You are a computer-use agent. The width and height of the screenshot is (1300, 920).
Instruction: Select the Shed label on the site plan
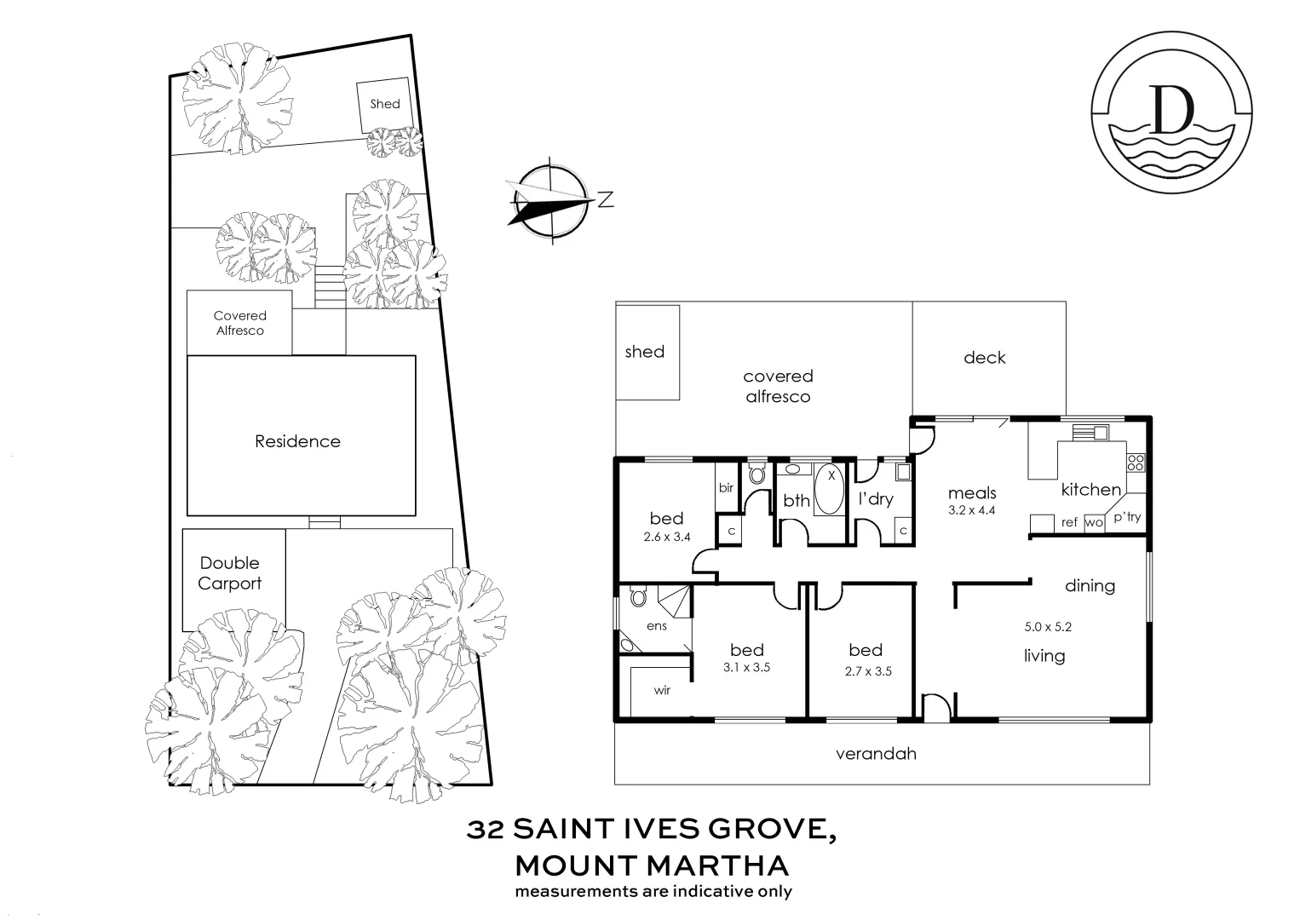pyautogui.click(x=384, y=104)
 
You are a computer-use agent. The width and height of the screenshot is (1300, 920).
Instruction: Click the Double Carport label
pyautogui.click(x=230, y=573)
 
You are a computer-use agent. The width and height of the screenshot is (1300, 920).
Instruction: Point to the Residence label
pyautogui.click(x=297, y=441)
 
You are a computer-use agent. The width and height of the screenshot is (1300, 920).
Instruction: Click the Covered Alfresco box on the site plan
pyautogui.click(x=239, y=323)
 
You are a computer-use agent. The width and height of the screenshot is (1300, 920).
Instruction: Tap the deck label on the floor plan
pyautogui.click(x=984, y=358)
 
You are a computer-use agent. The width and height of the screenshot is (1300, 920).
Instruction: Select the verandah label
pyautogui.click(x=876, y=754)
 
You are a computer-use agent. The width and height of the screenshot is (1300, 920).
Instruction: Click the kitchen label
pyautogui.click(x=1090, y=490)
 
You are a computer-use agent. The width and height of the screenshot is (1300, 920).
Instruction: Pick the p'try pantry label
pyautogui.click(x=1127, y=517)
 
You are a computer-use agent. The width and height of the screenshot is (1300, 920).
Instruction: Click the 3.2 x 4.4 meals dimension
pyautogui.click(x=972, y=511)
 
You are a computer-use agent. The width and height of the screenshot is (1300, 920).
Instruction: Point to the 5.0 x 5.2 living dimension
pyautogui.click(x=1048, y=627)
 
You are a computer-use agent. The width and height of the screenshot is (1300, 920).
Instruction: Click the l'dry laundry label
pyautogui.click(x=875, y=499)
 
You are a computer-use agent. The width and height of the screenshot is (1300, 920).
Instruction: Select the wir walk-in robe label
pyautogui.click(x=662, y=690)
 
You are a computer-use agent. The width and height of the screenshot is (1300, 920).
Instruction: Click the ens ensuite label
pyautogui.click(x=656, y=626)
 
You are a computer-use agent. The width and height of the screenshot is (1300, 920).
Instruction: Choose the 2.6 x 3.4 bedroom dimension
pyautogui.click(x=666, y=538)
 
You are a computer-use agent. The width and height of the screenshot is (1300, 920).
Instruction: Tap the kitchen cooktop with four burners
pyautogui.click(x=1136, y=463)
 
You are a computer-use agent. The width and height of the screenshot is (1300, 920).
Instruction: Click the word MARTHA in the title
pyautogui.click(x=717, y=866)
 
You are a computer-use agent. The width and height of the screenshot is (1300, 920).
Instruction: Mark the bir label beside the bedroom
pyautogui.click(x=726, y=488)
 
